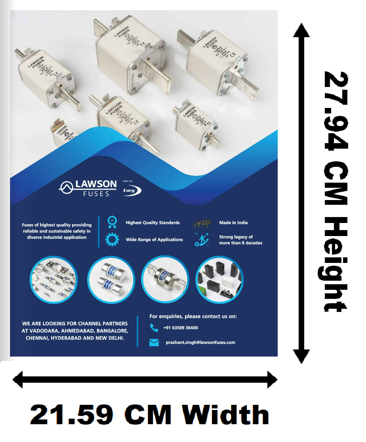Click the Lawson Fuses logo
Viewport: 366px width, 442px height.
(x=88, y=188)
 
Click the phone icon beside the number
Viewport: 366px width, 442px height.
(x=154, y=327)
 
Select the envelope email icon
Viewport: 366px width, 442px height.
(x=154, y=342)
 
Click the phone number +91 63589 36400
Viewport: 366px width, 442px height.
(x=181, y=328)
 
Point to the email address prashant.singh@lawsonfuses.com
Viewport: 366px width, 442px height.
(x=200, y=342)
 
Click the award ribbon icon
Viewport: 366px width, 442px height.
(x=112, y=223)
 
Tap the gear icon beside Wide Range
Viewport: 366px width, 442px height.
(x=112, y=240)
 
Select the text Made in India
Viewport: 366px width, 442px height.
(x=233, y=223)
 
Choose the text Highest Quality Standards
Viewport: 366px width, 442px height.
(x=152, y=223)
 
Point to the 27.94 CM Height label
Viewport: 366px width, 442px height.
(x=335, y=192)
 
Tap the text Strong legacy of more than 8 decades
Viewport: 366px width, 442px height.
(x=240, y=240)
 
